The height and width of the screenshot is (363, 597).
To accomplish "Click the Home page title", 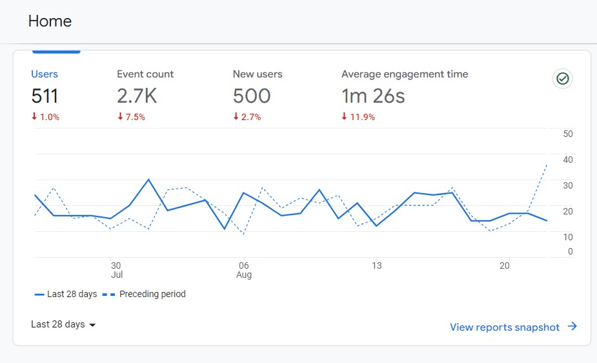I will [x=50, y=21].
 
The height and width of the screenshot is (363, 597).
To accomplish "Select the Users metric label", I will [x=45, y=74].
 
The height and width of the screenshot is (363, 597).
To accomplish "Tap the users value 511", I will [x=45, y=96].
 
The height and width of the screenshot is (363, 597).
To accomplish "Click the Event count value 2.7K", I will [x=137, y=96].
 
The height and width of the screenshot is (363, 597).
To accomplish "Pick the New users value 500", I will [x=252, y=96].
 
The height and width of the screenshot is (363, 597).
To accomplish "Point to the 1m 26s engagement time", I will [x=373, y=96].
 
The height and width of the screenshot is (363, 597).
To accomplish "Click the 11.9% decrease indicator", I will [x=358, y=117].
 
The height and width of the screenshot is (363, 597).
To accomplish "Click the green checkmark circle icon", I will [x=563, y=79].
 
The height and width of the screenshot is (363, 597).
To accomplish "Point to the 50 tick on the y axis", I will [x=568, y=134].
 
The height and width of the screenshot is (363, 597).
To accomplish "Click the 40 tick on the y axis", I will [x=568, y=160].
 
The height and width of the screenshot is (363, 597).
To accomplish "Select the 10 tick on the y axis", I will [x=568, y=237].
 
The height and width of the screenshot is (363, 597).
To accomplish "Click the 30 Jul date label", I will [x=116, y=270].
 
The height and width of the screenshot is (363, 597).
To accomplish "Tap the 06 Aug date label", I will [x=243, y=270].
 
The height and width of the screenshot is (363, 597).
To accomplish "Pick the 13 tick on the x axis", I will [x=376, y=265].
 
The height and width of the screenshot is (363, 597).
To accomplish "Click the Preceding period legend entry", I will [x=144, y=294].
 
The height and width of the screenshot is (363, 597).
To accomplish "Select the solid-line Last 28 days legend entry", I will [x=66, y=294].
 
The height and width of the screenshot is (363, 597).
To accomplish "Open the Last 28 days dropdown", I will [x=63, y=324].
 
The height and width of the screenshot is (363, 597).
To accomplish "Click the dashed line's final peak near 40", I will [x=547, y=165].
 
